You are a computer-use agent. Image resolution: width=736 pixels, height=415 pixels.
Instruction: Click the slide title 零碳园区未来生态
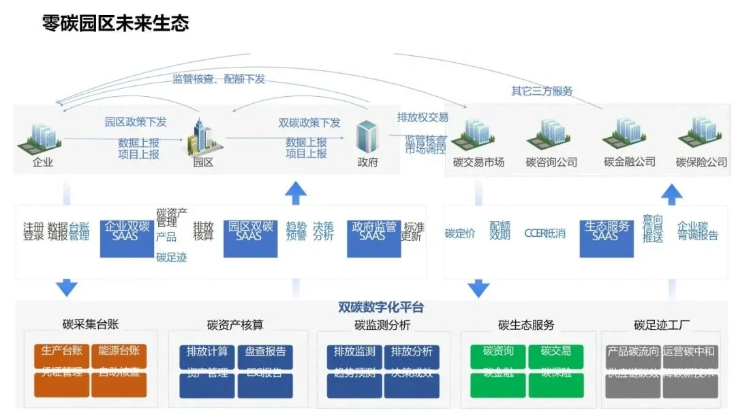(x=115, y=23)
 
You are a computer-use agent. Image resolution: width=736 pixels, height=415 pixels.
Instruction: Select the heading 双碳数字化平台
(x=381, y=308)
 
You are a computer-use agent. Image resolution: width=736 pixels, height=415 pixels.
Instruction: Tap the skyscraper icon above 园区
(x=203, y=136)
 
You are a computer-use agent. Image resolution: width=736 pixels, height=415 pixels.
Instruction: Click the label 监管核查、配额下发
(x=219, y=79)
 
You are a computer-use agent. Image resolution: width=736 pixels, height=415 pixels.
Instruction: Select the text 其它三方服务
(x=542, y=91)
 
